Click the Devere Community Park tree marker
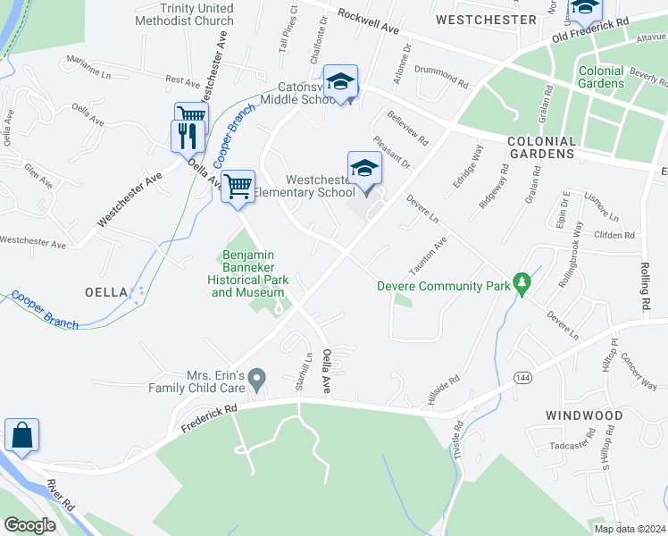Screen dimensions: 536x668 [x=523, y=285]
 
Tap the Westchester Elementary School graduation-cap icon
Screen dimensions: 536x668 [x=363, y=169]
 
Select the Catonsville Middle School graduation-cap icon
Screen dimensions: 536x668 [x=339, y=82]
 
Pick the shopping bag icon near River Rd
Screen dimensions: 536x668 [x=21, y=436]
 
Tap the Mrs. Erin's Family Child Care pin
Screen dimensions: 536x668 [x=257, y=380]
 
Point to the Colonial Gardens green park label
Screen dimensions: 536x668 [x=601, y=77]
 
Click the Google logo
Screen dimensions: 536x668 [x=30, y=525]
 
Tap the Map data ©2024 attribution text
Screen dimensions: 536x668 [x=629, y=528]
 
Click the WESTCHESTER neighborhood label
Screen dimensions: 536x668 [x=485, y=19]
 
